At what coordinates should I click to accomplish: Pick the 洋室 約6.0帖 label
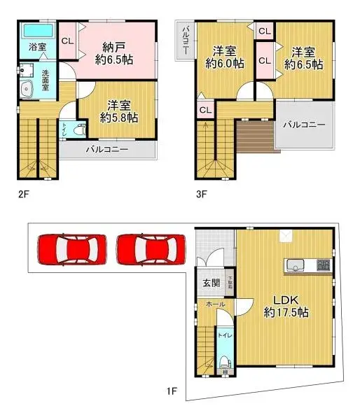(225, 57)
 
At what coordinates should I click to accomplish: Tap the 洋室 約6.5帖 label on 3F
(303, 57)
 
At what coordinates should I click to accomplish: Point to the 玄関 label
(212, 283)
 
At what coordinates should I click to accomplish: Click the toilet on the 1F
(225, 362)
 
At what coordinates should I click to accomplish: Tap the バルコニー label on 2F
(106, 149)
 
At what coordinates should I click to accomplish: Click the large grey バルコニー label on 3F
(304, 125)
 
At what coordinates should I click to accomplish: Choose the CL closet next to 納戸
(68, 41)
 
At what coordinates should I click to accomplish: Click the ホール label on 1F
(215, 304)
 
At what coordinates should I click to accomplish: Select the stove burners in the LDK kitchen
(323, 265)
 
